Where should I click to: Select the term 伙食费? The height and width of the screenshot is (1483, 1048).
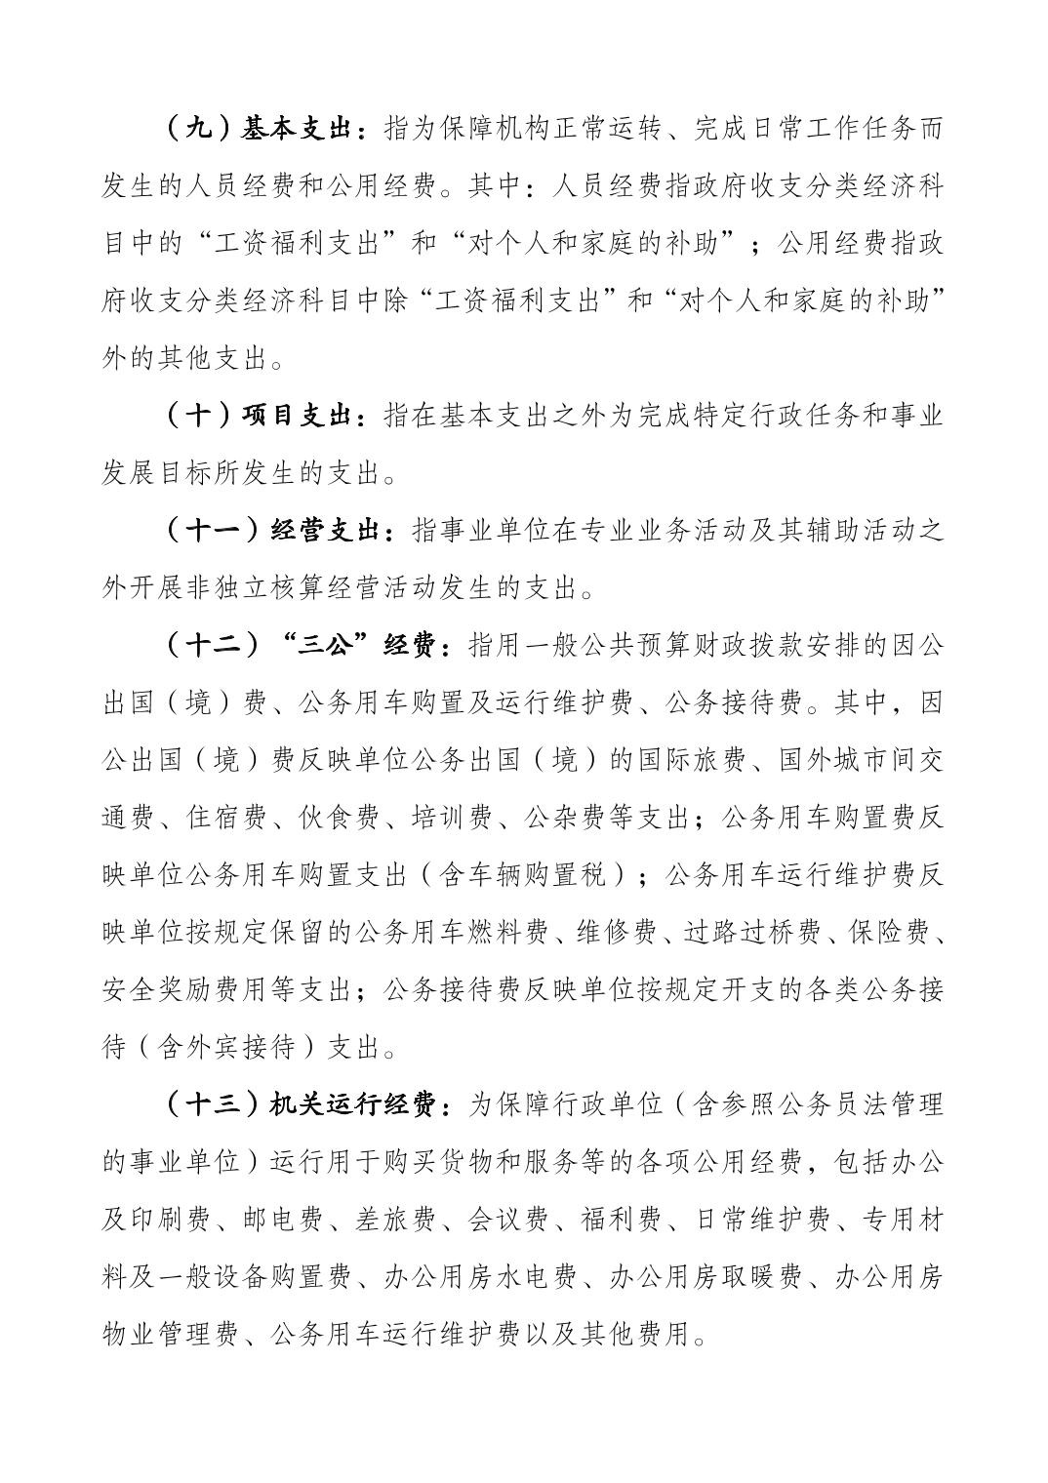(x=339, y=819)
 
